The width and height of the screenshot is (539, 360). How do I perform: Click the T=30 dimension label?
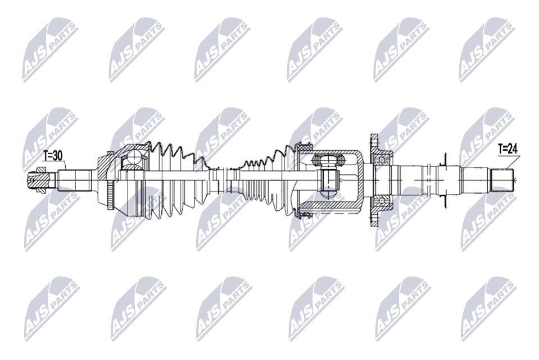pos(53,156)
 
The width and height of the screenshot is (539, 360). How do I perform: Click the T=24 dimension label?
pos(508,149)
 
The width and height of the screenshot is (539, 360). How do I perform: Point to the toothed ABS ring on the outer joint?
pos(110,195)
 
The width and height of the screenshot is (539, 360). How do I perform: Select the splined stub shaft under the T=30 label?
pos(74,179)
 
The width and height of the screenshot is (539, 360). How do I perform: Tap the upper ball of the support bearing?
pos(381,159)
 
